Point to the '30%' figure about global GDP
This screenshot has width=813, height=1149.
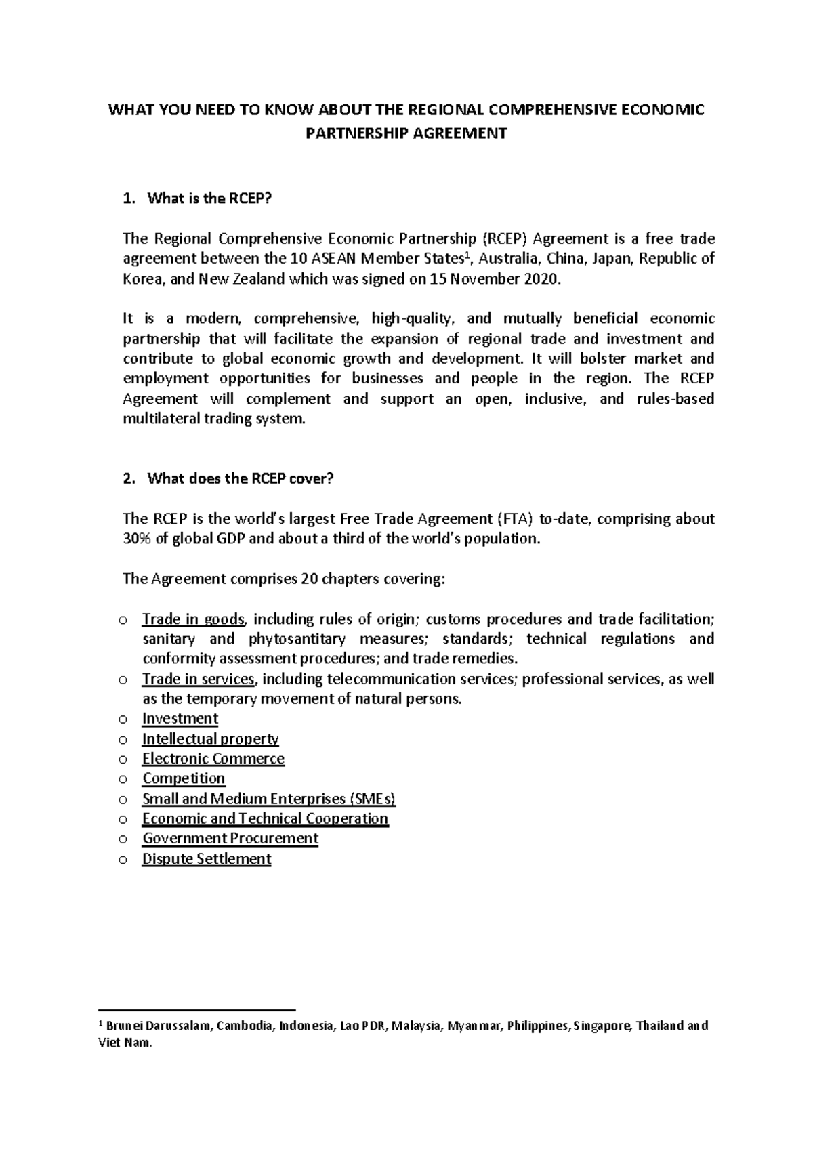coord(137,539)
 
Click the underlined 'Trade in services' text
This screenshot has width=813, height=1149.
coord(199,680)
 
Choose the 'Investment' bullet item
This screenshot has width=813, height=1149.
coord(180,719)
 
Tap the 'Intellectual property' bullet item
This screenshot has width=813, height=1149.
coord(210,739)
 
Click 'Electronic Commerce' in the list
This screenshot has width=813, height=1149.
coord(213,759)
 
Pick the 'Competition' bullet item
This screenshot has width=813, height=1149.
coord(184,778)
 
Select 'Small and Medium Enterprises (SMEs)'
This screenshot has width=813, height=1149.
coord(269,799)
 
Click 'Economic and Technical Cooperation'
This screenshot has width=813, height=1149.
coord(265,818)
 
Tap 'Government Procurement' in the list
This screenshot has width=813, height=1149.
coord(230,839)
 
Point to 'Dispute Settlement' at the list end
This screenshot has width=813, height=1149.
coord(207,859)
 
